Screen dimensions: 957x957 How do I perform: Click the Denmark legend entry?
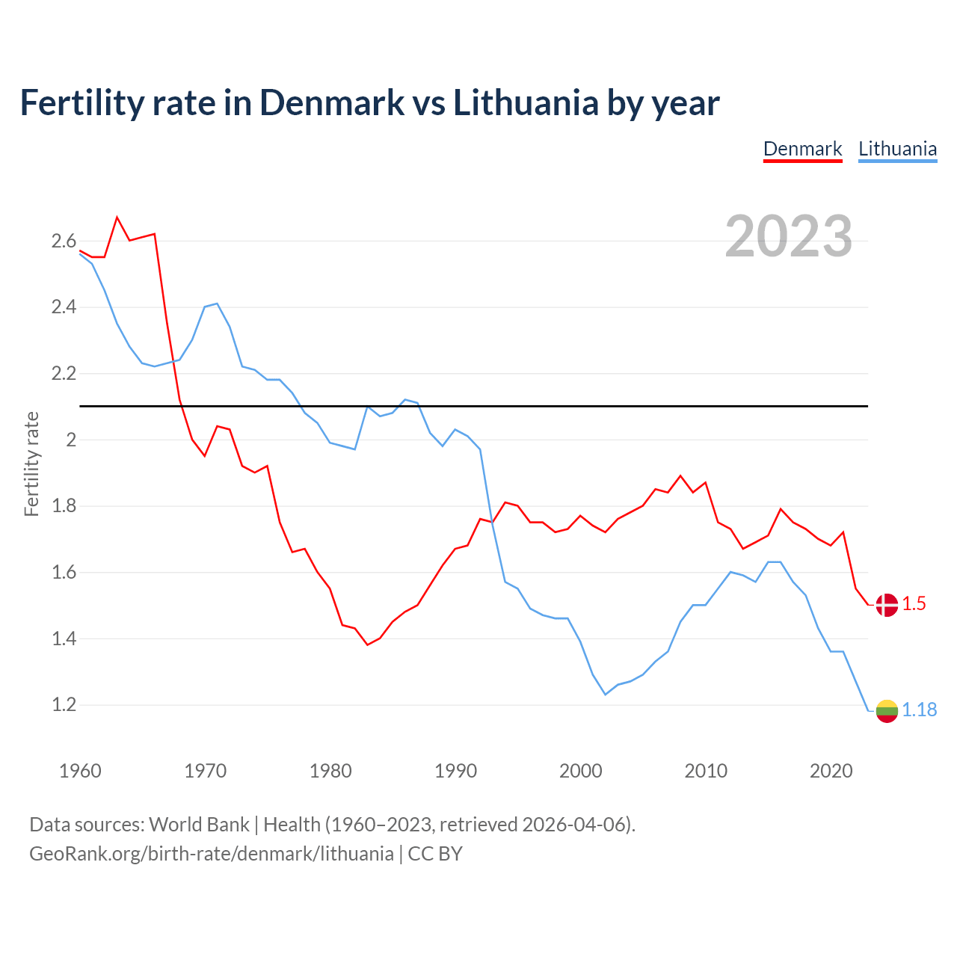(802, 149)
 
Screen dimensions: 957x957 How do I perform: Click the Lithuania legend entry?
(897, 149)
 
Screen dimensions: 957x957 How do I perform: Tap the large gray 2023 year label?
(788, 236)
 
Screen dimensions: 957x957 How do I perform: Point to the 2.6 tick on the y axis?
(64, 241)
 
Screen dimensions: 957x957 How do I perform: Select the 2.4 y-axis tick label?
(64, 307)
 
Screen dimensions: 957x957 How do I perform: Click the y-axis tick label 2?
(71, 440)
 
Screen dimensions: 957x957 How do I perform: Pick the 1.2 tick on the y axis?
(64, 705)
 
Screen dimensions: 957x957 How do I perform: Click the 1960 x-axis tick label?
(80, 771)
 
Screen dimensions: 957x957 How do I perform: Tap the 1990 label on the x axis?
(455, 771)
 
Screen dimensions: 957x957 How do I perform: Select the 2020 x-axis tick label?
(831, 771)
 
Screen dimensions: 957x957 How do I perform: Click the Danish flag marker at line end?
(887, 605)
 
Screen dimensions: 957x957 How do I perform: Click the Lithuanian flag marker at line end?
(887, 711)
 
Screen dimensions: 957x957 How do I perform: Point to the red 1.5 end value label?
(914, 604)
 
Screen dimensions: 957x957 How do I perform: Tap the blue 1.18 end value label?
(919, 710)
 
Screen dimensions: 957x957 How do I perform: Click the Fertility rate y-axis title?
(31, 464)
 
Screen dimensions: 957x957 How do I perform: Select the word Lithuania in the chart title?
(526, 102)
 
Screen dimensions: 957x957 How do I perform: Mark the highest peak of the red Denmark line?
(117, 218)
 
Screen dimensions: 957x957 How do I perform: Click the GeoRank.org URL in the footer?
(211, 854)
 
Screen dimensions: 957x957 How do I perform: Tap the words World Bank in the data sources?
(199, 825)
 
